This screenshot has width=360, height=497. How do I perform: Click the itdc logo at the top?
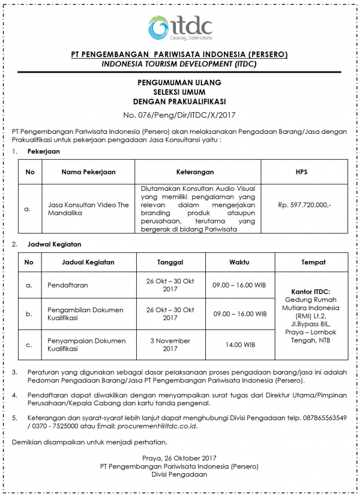coord(179,27)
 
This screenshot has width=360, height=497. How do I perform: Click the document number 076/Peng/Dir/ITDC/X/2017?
coord(179,114)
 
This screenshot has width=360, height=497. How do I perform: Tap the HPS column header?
coord(301,172)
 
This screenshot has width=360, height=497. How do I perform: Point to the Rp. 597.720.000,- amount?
coord(304,205)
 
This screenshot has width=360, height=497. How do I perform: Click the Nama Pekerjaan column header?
coord(88,172)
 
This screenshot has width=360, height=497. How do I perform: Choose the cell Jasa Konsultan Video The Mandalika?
coord(88,209)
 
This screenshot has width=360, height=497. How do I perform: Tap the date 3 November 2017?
coord(170,345)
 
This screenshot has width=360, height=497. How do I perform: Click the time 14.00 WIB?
coord(239,345)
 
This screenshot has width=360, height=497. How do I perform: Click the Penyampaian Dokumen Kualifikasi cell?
coord(86,345)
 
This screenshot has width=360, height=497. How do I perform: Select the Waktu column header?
coord(239,262)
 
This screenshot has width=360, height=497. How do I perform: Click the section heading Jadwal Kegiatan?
coord(54,244)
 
